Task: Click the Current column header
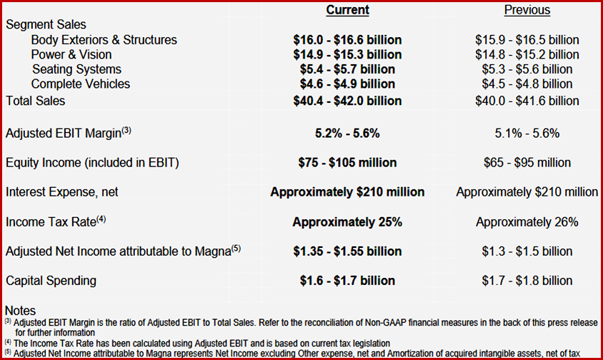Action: click(x=347, y=10)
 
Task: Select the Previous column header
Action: click(x=527, y=10)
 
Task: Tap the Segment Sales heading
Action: click(x=46, y=24)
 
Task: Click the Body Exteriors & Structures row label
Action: click(x=104, y=40)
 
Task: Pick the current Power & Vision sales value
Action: click(x=347, y=54)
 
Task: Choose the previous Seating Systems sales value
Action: click(x=527, y=69)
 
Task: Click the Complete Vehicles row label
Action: click(x=81, y=84)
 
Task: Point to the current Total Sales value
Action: click(x=347, y=101)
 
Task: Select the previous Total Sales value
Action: click(x=527, y=101)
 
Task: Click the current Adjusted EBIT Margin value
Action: click(x=347, y=133)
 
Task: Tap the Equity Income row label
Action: click(x=92, y=163)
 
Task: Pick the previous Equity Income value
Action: click(x=527, y=163)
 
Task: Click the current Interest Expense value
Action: click(x=347, y=192)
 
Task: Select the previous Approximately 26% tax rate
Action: click(x=527, y=222)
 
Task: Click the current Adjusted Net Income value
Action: click(x=347, y=251)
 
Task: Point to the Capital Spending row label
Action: click(x=51, y=281)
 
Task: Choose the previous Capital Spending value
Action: click(x=527, y=281)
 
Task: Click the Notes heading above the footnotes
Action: click(x=20, y=311)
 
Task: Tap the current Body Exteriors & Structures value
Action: click(x=347, y=40)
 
